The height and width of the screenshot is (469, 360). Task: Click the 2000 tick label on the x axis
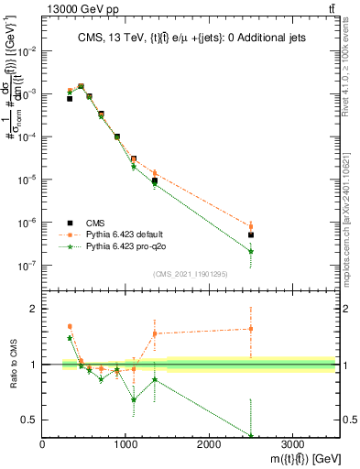click(209, 443)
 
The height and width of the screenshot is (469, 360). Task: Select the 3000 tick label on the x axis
click(292, 443)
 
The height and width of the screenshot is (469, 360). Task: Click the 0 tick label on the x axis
click(43, 443)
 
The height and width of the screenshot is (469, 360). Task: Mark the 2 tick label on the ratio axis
click(33, 309)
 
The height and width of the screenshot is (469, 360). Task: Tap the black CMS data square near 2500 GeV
click(251, 235)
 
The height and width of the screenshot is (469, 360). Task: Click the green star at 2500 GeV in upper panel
click(251, 251)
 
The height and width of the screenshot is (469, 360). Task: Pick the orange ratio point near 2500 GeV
click(251, 328)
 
